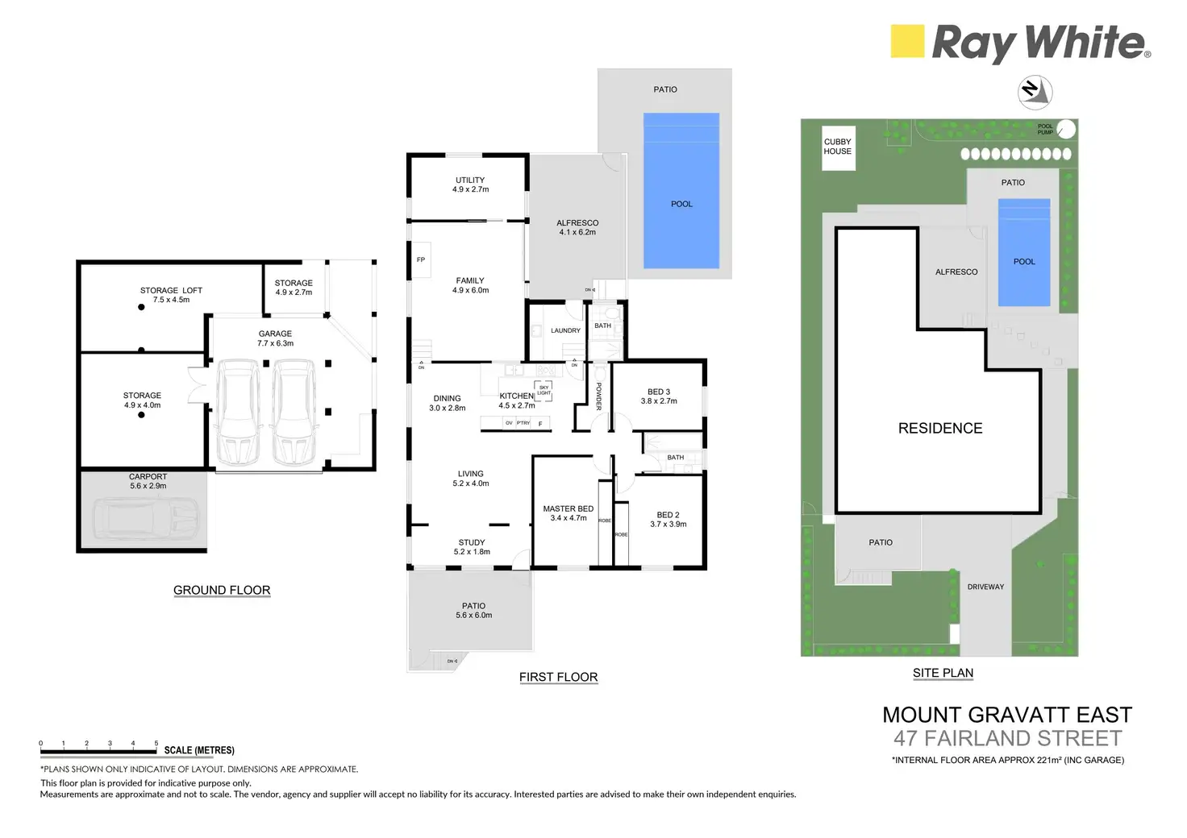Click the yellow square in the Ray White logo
point(906,41)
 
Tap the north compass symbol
point(1035,92)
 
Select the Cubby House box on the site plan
point(838,147)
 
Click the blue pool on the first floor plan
point(681,191)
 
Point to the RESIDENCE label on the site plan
point(940,429)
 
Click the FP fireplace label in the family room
point(421,260)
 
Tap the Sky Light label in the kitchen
point(544,391)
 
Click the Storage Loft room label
point(171,290)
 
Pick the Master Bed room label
point(568,508)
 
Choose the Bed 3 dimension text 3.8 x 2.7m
point(659,401)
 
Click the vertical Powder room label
point(599,396)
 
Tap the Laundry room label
point(565,330)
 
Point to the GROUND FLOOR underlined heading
point(222,591)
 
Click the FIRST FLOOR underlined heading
point(558,678)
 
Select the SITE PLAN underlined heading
point(943,674)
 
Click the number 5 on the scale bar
point(156,743)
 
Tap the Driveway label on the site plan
point(985,587)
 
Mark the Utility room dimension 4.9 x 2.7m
point(470,190)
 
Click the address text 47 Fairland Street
point(1007,738)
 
